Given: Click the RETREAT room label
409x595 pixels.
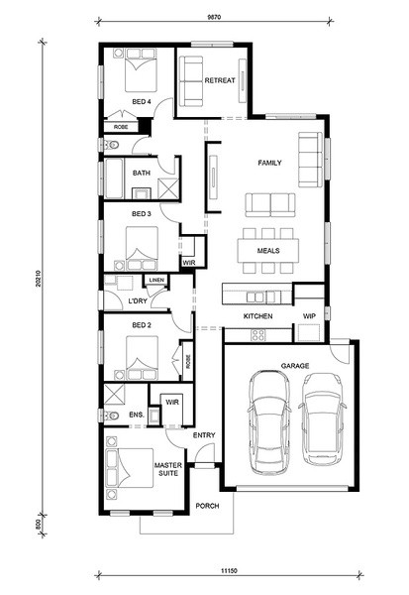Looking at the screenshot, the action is [220, 80].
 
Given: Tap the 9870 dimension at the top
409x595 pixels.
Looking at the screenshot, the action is [214, 17].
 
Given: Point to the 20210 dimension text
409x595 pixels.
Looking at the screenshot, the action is [39, 278].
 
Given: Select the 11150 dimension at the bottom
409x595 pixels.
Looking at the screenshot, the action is [229, 570].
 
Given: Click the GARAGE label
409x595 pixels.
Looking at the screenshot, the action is [295, 366].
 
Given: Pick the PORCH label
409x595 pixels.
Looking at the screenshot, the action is [207, 506].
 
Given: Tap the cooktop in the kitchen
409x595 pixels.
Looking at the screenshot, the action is [258, 335].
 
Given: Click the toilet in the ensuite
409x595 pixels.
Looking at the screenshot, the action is [110, 416].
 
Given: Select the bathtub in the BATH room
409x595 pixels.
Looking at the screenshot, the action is [114, 178].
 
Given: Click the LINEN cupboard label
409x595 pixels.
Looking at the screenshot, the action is [156, 280].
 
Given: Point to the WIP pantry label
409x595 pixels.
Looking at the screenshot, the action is [309, 316].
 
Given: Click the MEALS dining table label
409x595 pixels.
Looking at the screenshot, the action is [268, 251].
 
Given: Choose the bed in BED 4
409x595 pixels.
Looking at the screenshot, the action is [141, 70].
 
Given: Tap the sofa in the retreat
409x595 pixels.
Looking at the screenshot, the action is [191, 81].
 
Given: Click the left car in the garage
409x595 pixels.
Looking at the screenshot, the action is [269, 422].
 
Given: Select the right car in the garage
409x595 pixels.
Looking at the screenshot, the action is [322, 419].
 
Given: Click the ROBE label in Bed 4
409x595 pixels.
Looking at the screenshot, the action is [121, 127].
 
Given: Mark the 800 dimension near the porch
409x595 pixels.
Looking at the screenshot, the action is [38, 525].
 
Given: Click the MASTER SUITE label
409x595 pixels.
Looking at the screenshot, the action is [168, 469].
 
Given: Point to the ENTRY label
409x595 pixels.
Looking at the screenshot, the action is [204, 435].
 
